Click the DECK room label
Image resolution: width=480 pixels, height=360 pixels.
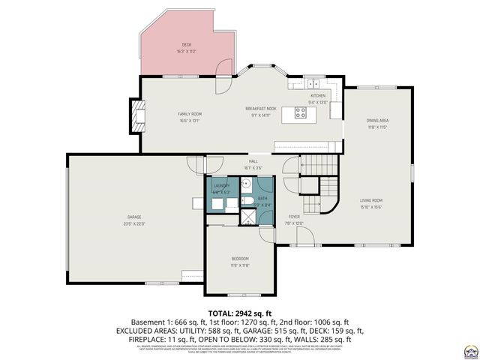[186, 44]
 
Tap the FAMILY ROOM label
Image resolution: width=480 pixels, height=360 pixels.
[190, 114]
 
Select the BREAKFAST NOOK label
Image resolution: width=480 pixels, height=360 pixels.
[261, 109]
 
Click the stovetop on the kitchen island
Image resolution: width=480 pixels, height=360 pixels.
[301, 113]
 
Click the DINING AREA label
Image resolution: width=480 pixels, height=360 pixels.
[376, 121]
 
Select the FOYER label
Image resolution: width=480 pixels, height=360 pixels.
[294, 216]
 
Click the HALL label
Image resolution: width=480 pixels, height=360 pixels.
[253, 161]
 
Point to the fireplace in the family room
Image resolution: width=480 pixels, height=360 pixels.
[136, 114]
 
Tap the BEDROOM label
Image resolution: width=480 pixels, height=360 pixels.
[240, 259]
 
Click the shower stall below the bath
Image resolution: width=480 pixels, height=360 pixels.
[245, 217]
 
